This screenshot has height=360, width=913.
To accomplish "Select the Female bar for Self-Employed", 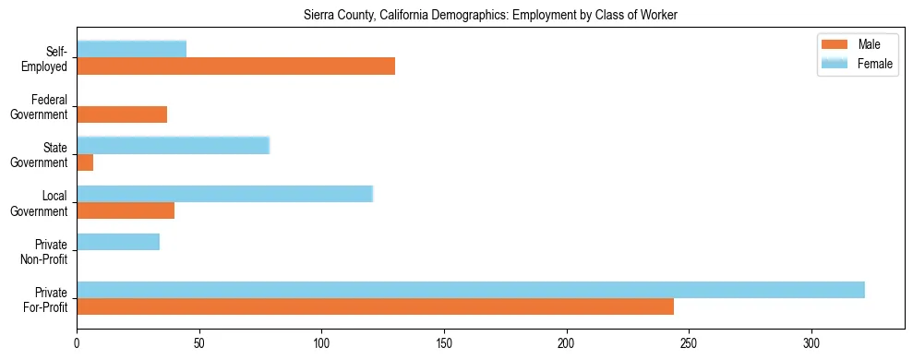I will [x=131, y=49].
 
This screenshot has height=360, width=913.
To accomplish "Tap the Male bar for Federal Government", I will [x=122, y=114].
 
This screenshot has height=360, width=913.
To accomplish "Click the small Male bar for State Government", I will [x=85, y=162].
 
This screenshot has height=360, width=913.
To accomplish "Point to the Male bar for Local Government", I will [x=126, y=210].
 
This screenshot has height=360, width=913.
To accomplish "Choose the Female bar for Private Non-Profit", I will [x=118, y=242].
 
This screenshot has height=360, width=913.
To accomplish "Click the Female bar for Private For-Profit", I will [x=470, y=290].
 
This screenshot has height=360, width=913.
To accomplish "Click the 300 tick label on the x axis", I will [x=811, y=342].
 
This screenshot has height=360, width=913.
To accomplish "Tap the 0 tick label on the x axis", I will [x=77, y=342].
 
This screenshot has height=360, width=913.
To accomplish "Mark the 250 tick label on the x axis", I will [x=689, y=342].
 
